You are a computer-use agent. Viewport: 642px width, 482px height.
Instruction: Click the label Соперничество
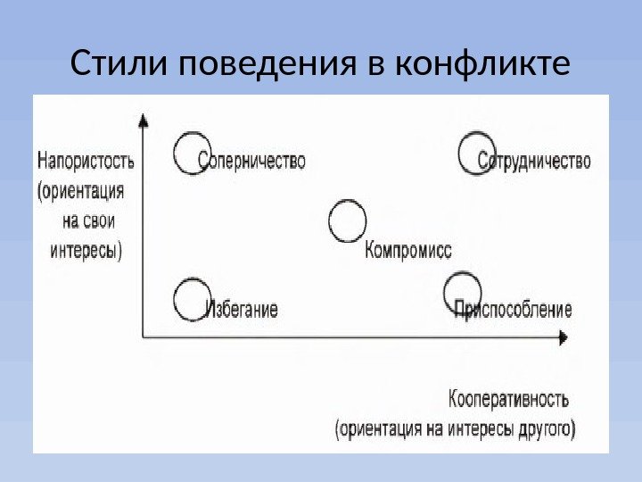click(x=252, y=162)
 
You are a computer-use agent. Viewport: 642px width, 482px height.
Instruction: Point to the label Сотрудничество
click(x=534, y=162)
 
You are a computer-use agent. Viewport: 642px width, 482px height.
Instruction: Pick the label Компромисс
click(x=408, y=251)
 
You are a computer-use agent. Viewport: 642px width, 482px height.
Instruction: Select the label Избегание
click(x=242, y=310)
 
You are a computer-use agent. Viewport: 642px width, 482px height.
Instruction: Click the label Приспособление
click(x=514, y=310)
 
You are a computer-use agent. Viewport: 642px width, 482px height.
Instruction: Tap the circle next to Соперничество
click(x=191, y=153)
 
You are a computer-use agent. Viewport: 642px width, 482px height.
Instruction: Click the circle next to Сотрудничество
click(x=476, y=153)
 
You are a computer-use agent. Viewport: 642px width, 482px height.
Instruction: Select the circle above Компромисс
click(x=347, y=220)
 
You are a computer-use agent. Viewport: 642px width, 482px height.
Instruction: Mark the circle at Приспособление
click(x=463, y=294)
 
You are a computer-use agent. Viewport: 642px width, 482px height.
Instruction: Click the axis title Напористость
click(x=86, y=162)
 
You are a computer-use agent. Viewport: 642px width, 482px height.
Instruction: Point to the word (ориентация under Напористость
click(x=81, y=191)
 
